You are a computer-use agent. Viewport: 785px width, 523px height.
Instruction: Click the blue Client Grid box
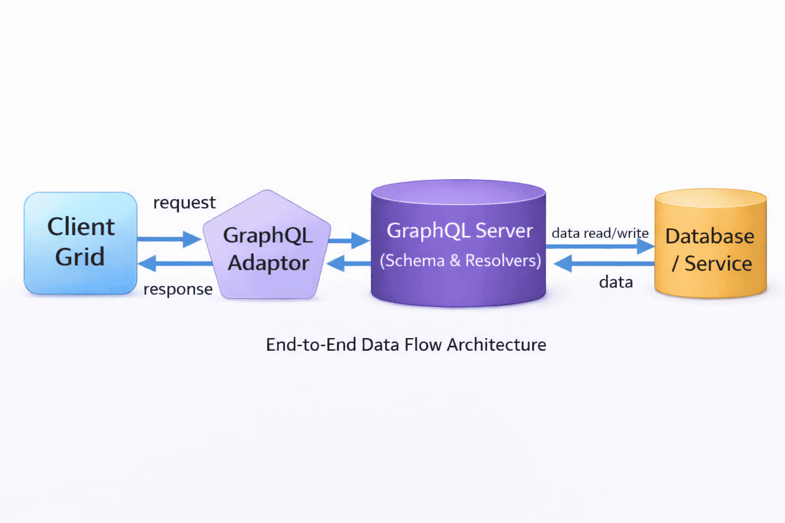(80, 243)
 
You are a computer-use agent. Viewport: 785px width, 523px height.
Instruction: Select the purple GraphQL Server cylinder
(458, 245)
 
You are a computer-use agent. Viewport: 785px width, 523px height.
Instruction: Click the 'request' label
(184, 203)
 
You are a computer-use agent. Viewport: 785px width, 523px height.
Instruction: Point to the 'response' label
(178, 289)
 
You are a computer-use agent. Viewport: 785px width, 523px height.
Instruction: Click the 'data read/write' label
(599, 233)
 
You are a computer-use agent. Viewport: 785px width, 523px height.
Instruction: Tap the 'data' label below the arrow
(616, 282)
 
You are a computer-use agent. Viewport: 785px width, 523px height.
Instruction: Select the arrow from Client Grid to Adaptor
(169, 239)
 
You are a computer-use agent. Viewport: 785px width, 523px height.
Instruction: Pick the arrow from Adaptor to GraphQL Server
(349, 240)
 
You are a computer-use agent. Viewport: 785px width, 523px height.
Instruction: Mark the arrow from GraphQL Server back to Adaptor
(349, 264)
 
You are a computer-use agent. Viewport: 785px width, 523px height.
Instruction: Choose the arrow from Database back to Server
(604, 264)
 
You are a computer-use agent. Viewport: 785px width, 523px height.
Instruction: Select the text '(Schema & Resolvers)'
(460, 260)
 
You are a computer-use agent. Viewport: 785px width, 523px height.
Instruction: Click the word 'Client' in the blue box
(81, 227)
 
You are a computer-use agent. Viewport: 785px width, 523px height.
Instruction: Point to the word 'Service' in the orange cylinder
(718, 264)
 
